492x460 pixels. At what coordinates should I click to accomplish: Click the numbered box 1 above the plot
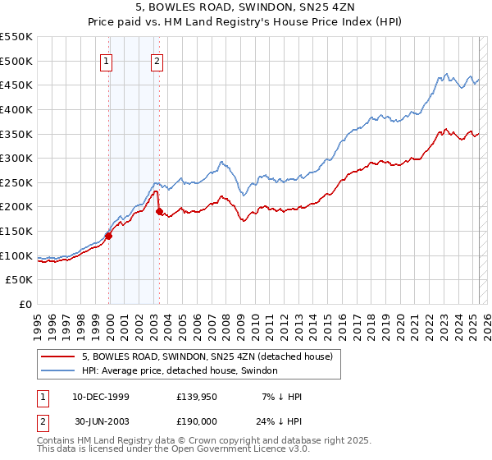pos(107,60)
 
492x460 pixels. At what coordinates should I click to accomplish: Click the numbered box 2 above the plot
pos(157,60)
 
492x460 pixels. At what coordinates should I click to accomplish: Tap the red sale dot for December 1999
pos(108,236)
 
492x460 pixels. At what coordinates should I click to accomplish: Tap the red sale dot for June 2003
pos(159,211)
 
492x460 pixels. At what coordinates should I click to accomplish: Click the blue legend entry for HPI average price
pos(180,371)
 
